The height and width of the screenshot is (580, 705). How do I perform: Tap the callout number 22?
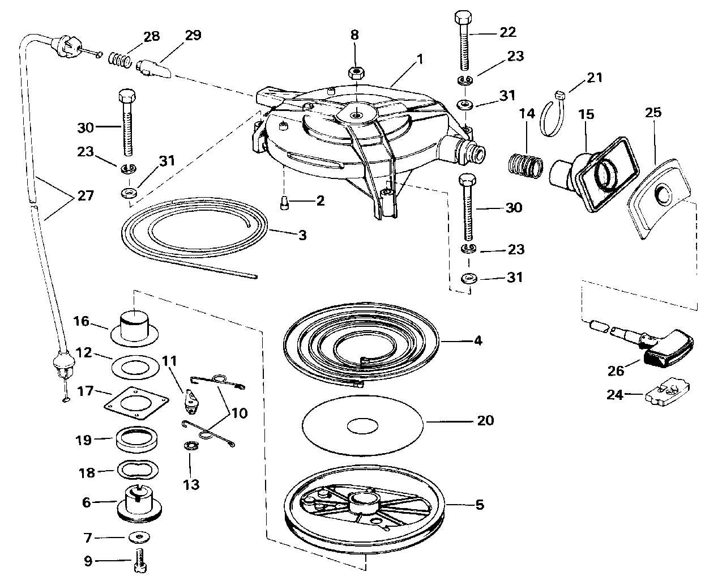click(x=508, y=32)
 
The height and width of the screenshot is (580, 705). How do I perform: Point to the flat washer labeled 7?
click(x=139, y=538)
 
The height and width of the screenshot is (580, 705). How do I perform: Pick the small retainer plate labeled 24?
click(x=668, y=396)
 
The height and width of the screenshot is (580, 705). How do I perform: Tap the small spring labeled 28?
click(x=120, y=59)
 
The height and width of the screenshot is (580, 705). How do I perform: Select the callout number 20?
click(x=485, y=420)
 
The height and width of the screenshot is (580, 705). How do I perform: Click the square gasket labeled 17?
click(x=136, y=403)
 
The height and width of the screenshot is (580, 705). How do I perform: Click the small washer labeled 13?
click(x=191, y=446)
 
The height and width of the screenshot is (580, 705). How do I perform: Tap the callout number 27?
click(x=86, y=195)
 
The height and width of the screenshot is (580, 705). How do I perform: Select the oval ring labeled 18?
click(x=138, y=470)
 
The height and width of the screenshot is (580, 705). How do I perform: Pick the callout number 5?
click(x=480, y=505)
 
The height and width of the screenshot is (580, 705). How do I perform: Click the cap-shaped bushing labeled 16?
click(x=134, y=328)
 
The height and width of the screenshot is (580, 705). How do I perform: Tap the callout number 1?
click(x=420, y=59)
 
